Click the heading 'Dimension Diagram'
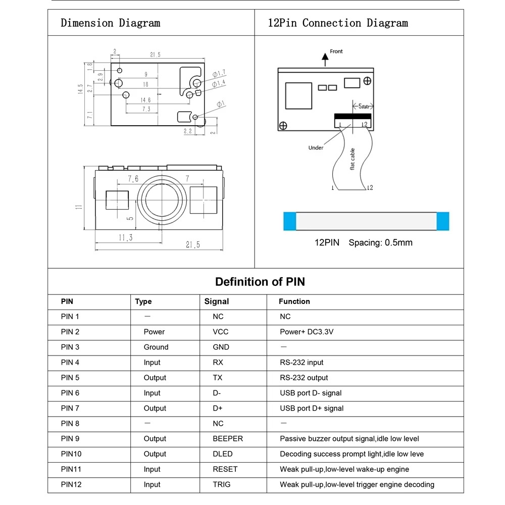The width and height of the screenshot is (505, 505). (110, 23)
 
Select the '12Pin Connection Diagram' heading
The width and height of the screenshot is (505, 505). (337, 23)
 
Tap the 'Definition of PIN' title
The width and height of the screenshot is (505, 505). (260, 282)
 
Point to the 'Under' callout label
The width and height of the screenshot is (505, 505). (316, 147)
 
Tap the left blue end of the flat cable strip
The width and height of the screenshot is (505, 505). (290, 220)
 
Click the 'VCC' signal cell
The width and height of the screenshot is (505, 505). (221, 332)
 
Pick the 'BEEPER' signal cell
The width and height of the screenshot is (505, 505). (228, 439)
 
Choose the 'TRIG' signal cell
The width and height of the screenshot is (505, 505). (222, 484)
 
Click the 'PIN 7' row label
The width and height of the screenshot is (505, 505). (70, 408)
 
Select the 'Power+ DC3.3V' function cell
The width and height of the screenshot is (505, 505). (307, 332)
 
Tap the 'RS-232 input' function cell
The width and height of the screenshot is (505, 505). (301, 362)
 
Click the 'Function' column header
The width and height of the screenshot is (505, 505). (294, 301)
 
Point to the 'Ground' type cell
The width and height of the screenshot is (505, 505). (156, 347)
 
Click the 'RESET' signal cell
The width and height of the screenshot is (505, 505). (225, 469)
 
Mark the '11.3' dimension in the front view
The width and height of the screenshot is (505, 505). (125, 237)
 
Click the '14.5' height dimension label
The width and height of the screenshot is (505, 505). (80, 89)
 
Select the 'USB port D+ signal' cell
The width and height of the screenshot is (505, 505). (312, 408)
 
